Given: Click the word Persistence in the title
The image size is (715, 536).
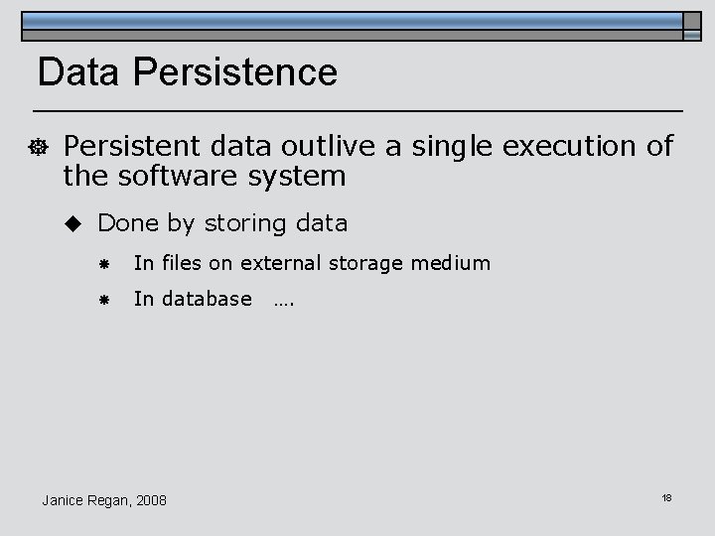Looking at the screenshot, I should coord(234,72).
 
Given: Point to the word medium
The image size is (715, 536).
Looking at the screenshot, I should coord(454,263).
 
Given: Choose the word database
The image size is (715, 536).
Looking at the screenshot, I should coord(205,298).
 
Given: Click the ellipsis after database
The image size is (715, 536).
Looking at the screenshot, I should coord(283,300).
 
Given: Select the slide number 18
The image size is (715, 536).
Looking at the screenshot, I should coord(666,496).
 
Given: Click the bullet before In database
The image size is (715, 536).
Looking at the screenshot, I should coord(103,299).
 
